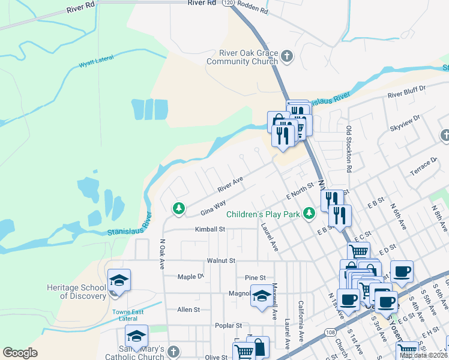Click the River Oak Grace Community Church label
[x=242, y=57]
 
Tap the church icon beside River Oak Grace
[x=287, y=57]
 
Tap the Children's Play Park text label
[x=263, y=214]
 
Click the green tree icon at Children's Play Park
[x=309, y=213]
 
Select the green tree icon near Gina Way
[x=178, y=208]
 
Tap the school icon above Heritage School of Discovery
[x=118, y=280]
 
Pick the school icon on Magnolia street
[x=261, y=296]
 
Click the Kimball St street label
[x=209, y=229]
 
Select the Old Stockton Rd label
[x=348, y=147]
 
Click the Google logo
[x=20, y=353]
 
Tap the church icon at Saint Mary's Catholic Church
[x=173, y=351]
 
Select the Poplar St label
[x=228, y=326]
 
